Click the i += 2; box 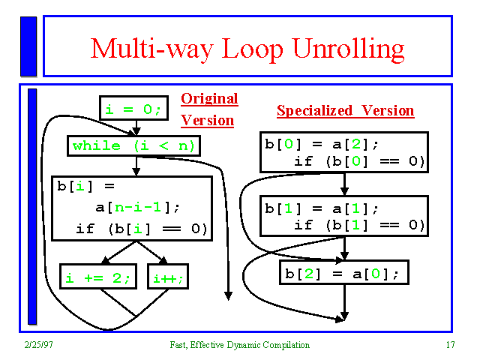tap(97, 279)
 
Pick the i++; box tap(168, 279)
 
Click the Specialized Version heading tap(345, 111)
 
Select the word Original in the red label tap(209, 99)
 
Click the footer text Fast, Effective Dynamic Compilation tap(238, 345)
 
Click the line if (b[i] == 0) tap(141, 229)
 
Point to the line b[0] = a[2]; tap(322, 144)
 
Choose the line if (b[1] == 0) tap(359, 225)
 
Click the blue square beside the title tap(28, 46)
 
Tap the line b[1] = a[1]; tap(322, 208)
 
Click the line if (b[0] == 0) tap(359, 161)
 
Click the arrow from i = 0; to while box tap(136, 128)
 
